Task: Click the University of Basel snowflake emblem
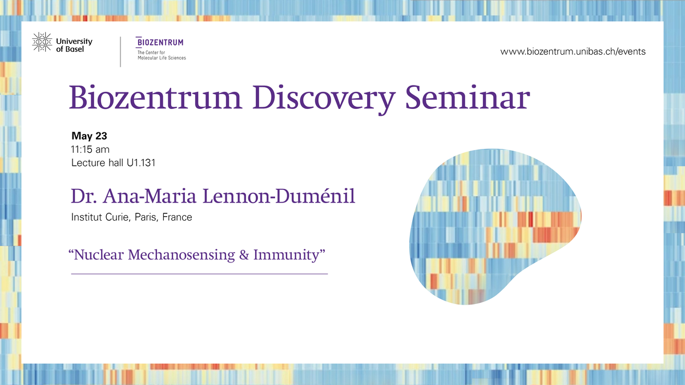click(42, 42)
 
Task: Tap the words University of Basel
click(74, 45)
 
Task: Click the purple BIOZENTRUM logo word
click(160, 42)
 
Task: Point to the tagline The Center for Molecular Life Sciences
click(162, 55)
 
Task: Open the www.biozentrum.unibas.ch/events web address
click(573, 51)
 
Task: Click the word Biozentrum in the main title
click(156, 98)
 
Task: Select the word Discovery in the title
click(324, 99)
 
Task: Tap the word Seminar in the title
click(468, 98)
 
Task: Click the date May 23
click(89, 136)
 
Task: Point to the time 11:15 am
click(90, 149)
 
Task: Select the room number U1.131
click(141, 163)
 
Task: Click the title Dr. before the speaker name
click(84, 196)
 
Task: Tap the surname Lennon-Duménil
click(279, 196)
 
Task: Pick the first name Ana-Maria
click(149, 196)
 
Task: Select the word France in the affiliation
click(178, 217)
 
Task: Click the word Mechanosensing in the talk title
click(182, 256)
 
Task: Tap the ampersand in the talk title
click(244, 255)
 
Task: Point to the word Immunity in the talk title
click(286, 256)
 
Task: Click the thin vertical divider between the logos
click(120, 52)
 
